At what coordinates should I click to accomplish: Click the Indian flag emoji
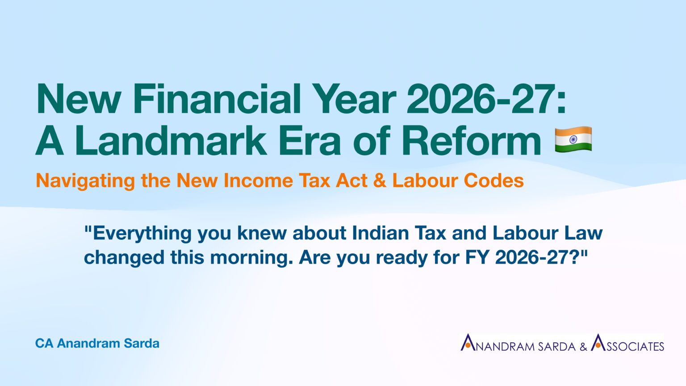pyautogui.click(x=573, y=139)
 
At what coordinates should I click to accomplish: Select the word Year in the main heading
pyautogui.click(x=354, y=99)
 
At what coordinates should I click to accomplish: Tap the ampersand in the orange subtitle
pyautogui.click(x=380, y=180)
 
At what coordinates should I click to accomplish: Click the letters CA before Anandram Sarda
pyautogui.click(x=44, y=344)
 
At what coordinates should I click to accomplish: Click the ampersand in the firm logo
pyautogui.click(x=583, y=346)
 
